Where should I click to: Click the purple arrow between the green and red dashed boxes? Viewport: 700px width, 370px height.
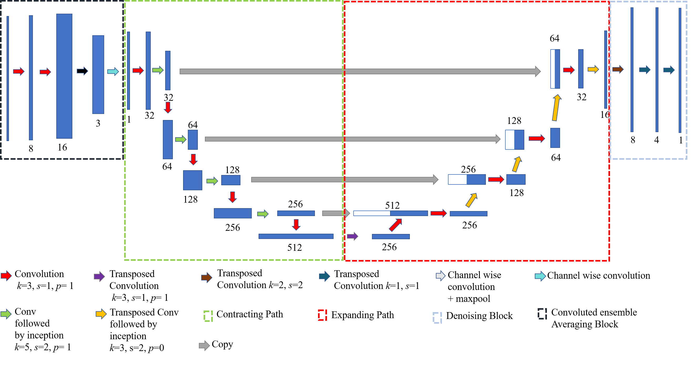pos(352,236)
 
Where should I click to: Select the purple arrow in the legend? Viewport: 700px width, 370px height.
pos(99,277)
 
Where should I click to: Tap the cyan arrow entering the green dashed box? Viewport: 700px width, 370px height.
pos(113,72)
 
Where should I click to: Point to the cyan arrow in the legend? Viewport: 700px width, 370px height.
pos(540,276)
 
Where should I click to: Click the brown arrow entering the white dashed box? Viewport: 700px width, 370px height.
pos(618,69)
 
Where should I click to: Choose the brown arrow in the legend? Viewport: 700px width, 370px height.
pos(207,278)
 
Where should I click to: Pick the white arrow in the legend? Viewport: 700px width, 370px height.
pos(440,276)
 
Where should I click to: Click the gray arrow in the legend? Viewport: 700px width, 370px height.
pos(204,346)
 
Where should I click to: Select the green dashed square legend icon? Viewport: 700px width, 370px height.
pos(208,316)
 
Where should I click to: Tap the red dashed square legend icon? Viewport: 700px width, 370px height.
pos(322,315)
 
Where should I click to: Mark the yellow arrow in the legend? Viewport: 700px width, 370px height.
pos(101,314)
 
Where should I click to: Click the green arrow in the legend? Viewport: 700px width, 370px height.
pos(6,314)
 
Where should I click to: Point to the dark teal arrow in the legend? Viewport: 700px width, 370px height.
pos(324,277)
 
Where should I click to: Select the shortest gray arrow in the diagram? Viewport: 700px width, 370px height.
pos(336,213)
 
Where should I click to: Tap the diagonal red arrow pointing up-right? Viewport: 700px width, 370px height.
pos(395,225)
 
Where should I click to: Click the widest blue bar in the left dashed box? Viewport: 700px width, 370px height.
pos(64,76)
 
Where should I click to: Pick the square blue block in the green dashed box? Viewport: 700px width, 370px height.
pos(192,180)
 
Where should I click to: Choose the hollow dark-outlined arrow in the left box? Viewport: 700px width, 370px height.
pos(82,71)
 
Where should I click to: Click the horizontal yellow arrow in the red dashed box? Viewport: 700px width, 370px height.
pos(593,69)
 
